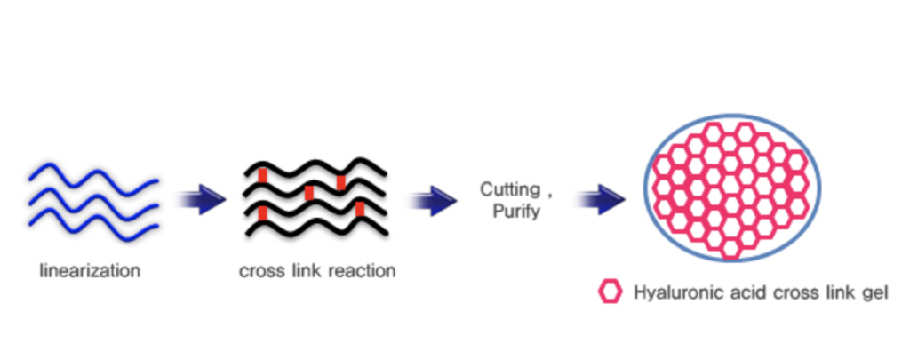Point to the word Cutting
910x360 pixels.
[507, 189]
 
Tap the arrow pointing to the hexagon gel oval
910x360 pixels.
[598, 201]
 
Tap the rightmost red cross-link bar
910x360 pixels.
[360, 210]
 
